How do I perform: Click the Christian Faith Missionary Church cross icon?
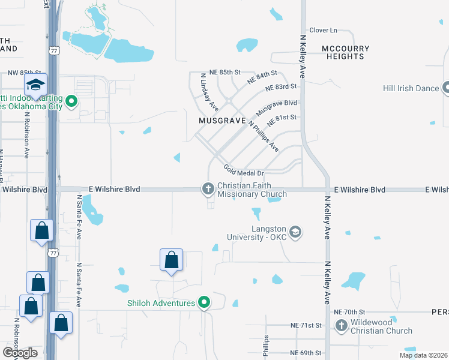point(208,189)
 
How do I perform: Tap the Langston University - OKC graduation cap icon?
point(295,232)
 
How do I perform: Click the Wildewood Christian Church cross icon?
point(342,326)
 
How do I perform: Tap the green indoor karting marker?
point(71,101)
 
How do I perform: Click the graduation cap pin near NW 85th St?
point(35,86)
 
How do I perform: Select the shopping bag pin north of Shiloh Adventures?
point(172,260)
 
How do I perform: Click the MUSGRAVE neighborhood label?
point(222,121)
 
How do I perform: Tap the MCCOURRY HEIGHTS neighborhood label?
point(343,52)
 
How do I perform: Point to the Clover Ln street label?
point(324,30)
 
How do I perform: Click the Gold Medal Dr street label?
point(244,172)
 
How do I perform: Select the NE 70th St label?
point(349,312)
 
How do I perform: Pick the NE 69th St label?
point(306,353)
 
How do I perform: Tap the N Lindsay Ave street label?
point(209,92)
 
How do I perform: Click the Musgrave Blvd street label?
point(277,108)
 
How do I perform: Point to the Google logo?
point(20,353)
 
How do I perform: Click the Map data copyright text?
point(424,355)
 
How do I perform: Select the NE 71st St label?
point(306,325)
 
